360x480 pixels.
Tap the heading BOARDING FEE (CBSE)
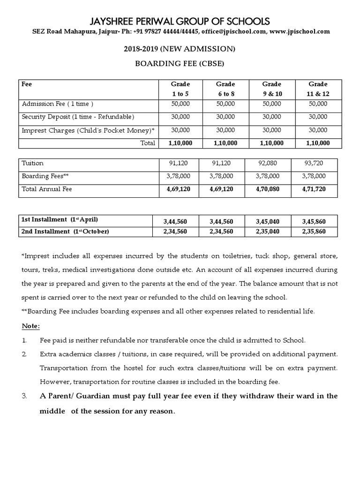(x=180, y=64)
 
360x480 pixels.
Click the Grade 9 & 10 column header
(x=271, y=89)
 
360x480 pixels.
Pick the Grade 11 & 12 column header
(x=318, y=89)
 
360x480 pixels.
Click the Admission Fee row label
(x=58, y=104)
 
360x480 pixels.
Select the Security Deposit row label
(x=78, y=116)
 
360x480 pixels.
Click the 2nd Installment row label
(x=65, y=232)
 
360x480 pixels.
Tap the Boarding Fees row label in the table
(x=45, y=176)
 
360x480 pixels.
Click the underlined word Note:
(x=31, y=326)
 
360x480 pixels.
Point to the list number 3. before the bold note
(x=25, y=396)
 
